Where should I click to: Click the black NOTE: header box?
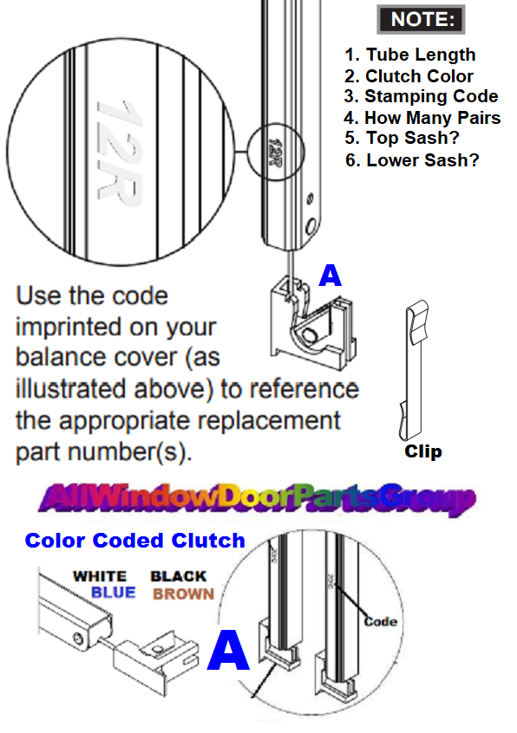coord(420,19)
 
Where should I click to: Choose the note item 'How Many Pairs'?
coord(422,118)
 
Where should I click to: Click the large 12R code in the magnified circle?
coord(120,153)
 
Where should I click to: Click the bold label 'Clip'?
coord(423,451)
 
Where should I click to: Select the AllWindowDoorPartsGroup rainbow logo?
coord(258,498)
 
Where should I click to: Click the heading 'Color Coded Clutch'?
coord(134,541)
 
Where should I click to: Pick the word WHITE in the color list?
coord(100,576)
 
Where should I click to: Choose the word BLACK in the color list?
coord(179,576)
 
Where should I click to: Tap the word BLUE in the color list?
coord(114,594)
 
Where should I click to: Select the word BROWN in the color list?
coord(183,594)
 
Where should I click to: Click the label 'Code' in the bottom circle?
coord(380,621)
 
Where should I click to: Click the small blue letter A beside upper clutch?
coord(330,276)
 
